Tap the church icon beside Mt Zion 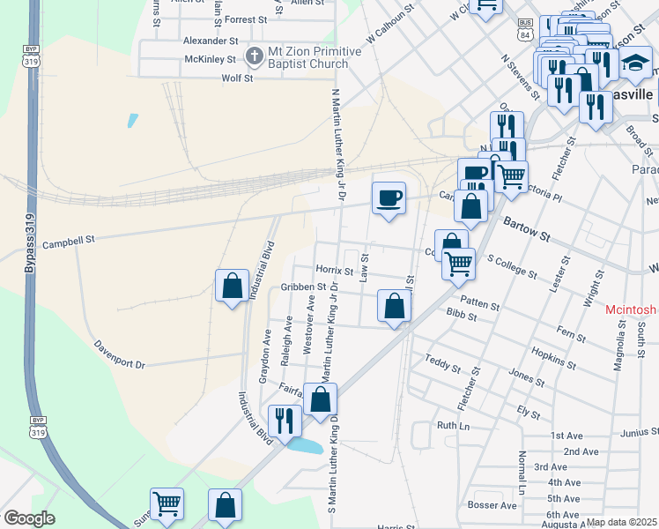254,57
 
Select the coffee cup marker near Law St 389,197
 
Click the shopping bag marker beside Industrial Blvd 232,286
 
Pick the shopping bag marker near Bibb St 394,307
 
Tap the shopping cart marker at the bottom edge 167,503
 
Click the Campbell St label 67,242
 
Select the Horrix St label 334,271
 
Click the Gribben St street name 304,287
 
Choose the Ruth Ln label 454,425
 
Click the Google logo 29,518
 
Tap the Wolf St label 237,78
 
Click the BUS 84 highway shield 526,29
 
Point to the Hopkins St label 553,357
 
